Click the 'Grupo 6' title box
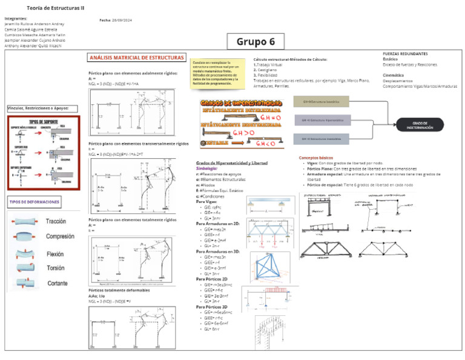(256, 41)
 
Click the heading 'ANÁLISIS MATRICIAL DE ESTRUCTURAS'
(137, 58)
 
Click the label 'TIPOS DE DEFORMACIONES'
(34, 202)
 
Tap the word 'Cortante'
(58, 283)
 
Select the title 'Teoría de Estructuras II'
(56, 8)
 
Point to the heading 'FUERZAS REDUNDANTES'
(405, 53)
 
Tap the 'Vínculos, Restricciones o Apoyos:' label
(42, 108)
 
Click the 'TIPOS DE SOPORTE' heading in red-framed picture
(42, 122)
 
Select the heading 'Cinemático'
(394, 75)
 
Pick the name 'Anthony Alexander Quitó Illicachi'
(35, 45)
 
